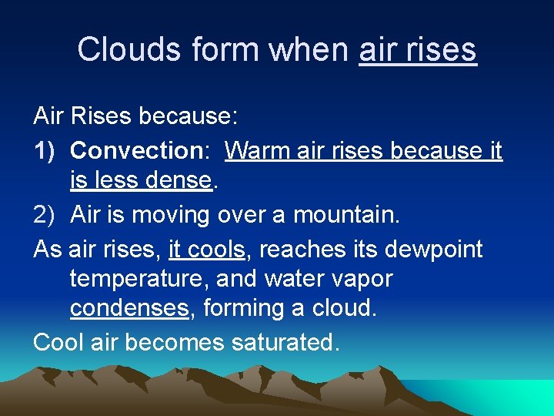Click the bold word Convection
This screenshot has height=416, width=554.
tap(135, 150)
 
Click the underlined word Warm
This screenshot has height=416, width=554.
tap(259, 150)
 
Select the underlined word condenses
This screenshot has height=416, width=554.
tap(129, 308)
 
